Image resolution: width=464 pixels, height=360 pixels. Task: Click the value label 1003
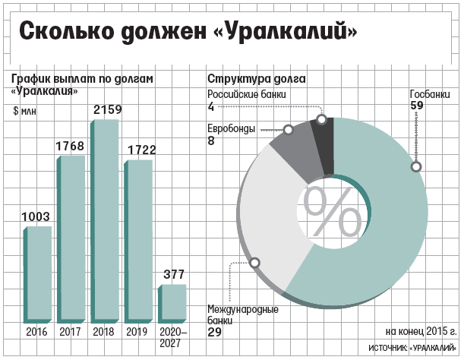click(x=36, y=217)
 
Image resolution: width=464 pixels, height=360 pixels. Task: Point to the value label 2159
click(x=106, y=111)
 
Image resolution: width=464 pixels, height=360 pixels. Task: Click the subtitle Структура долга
click(x=257, y=79)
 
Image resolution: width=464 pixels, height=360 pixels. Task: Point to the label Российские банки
click(x=247, y=94)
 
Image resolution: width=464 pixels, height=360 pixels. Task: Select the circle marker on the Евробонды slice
click(x=289, y=130)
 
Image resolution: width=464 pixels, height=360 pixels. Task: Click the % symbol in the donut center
click(x=333, y=211)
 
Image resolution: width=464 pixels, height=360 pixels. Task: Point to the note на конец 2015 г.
click(x=421, y=332)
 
